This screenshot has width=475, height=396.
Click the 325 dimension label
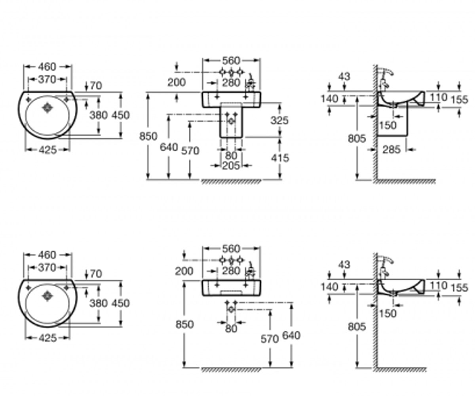[x=279, y=120]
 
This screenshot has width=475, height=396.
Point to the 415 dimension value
[x=280, y=158]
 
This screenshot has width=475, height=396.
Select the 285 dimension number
[x=391, y=150]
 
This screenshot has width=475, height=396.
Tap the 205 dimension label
[x=231, y=166]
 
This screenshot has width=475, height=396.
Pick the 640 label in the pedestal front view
[x=169, y=147]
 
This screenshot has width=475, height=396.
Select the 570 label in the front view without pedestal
[x=270, y=339]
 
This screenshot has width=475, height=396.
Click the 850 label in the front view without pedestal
[x=184, y=324]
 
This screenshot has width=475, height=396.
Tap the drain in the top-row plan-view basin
[x=47, y=108]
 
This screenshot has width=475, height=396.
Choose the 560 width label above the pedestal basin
[x=231, y=61]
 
